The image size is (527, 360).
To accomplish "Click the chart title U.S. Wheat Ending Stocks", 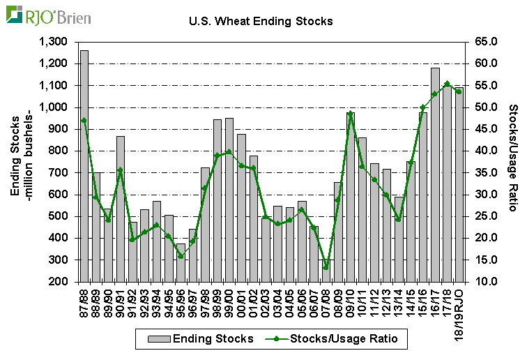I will [x=261, y=21].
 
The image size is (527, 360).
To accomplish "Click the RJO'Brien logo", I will [x=48, y=15].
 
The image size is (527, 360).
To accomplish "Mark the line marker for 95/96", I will [x=181, y=256].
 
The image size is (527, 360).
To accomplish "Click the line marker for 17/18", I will [x=447, y=84].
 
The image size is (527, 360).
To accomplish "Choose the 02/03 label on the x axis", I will [x=266, y=302].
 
